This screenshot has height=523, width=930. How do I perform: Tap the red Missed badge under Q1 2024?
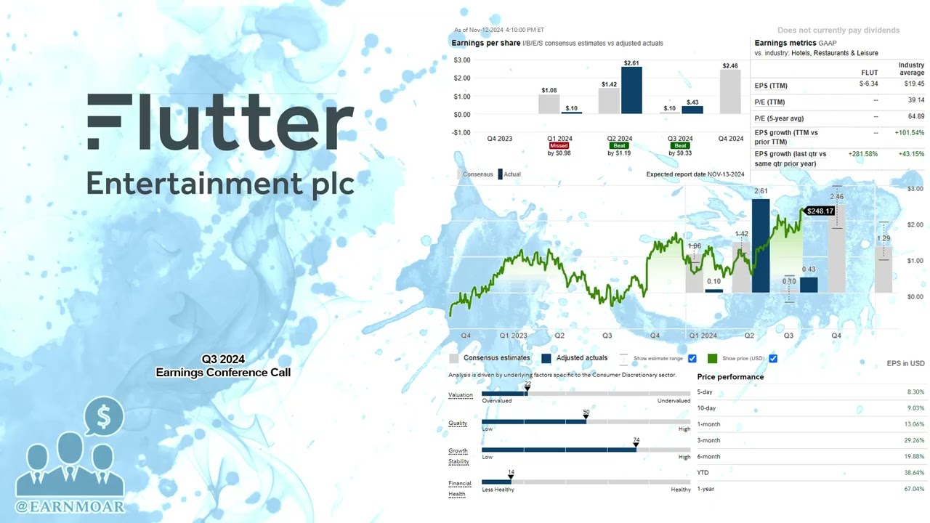pos(559,146)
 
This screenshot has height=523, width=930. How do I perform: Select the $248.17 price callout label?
pos(820,211)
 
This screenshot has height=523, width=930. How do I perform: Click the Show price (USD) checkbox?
pos(773,358)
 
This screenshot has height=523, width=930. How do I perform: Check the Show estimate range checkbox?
pos(692,358)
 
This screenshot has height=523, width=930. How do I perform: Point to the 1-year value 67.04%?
pos(913,489)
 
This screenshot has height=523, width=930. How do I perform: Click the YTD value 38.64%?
pos(913,473)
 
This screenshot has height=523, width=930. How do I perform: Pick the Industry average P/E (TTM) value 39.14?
pos(915,102)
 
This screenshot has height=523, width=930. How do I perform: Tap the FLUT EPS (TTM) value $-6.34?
pos(868,84)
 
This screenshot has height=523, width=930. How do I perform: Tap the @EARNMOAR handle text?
pos(70,506)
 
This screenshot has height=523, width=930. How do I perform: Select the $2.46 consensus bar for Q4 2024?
pos(730,92)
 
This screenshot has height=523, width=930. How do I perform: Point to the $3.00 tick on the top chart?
pos(461,60)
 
